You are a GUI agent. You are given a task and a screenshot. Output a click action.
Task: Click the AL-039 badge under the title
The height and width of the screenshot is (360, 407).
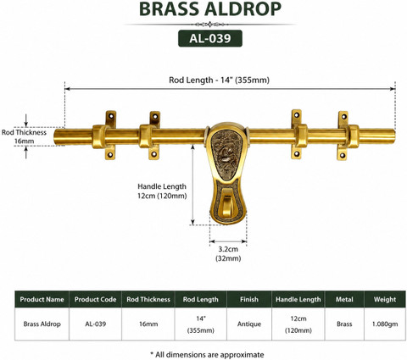(x=210, y=38)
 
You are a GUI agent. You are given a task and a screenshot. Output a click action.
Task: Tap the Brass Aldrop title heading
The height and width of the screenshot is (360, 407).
(x=210, y=9)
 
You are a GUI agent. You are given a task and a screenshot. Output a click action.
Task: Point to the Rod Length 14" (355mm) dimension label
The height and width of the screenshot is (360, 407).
(x=219, y=80)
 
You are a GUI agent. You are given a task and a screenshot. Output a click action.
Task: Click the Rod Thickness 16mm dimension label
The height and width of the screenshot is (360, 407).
(x=24, y=136)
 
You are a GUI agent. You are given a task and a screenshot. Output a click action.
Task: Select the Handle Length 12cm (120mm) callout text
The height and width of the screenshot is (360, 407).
(x=162, y=191)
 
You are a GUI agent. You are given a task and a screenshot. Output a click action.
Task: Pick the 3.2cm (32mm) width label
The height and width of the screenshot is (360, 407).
(x=228, y=253)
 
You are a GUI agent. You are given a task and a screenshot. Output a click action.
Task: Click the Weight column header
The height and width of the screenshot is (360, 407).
(x=385, y=299)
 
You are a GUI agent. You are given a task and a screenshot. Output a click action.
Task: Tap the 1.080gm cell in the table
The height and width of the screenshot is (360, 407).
(x=385, y=324)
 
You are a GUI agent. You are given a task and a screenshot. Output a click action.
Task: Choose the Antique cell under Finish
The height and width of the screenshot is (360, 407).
(x=249, y=324)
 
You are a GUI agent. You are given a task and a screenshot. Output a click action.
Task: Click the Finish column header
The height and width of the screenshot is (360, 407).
(x=249, y=299)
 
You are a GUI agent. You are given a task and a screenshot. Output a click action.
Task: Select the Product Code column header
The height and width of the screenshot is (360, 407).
(x=95, y=299)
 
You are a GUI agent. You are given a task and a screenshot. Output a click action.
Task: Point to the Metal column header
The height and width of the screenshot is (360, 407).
(x=344, y=299)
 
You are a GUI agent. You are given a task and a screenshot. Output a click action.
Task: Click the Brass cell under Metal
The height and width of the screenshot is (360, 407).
(x=344, y=324)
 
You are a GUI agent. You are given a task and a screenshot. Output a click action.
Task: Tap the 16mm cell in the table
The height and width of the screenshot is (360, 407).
(x=148, y=324)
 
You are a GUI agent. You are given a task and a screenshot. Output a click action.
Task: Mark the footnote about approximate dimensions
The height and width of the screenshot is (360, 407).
(x=207, y=355)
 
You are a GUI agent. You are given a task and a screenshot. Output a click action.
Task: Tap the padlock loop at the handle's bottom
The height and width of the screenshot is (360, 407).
(x=226, y=203)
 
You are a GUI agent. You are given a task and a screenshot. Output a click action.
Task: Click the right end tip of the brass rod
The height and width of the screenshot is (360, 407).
(x=394, y=136)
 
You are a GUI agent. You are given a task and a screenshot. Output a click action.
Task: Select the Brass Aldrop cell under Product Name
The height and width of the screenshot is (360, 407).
(x=42, y=324)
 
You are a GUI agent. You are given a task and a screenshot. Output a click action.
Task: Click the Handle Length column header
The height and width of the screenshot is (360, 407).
(x=298, y=299)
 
